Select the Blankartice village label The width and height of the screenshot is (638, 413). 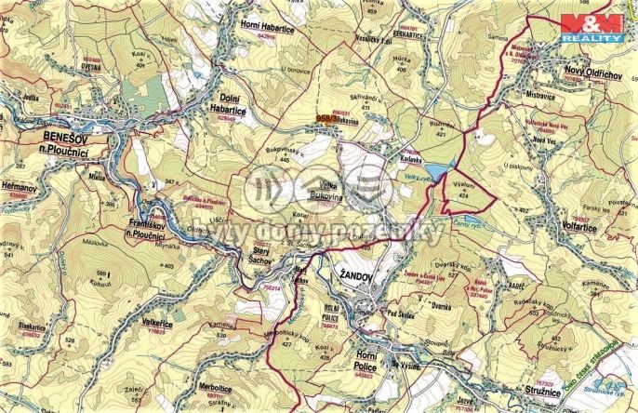22,326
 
